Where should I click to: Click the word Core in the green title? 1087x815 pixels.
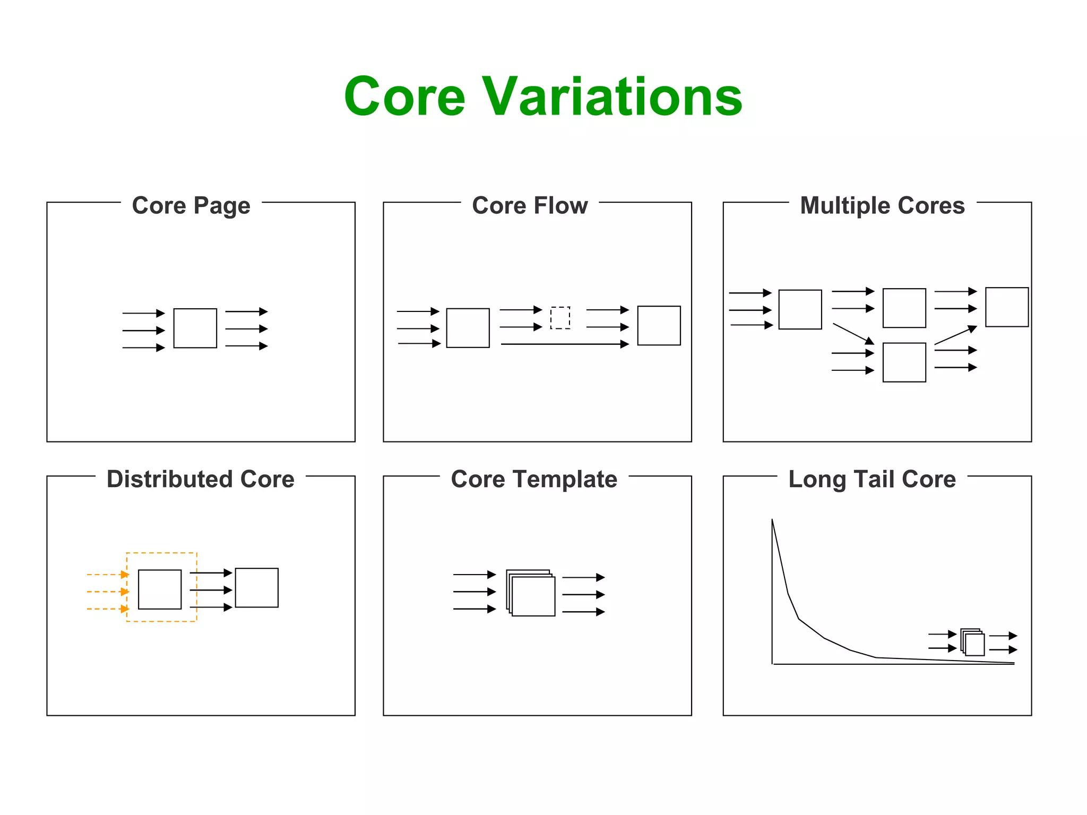point(404,97)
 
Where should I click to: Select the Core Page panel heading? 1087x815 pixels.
point(191,206)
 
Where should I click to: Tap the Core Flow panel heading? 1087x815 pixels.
point(530,206)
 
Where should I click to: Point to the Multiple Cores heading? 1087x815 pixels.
point(882,206)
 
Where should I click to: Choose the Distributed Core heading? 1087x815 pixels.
point(201,479)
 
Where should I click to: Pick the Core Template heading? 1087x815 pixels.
point(534,479)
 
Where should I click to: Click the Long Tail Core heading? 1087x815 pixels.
point(872,479)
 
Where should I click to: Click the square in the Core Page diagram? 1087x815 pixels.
point(195,328)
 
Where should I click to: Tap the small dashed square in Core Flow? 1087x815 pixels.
point(560,318)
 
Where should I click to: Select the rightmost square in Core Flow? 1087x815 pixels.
point(659,326)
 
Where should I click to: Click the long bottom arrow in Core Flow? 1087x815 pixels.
point(565,344)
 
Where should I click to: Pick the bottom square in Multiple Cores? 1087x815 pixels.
point(904,362)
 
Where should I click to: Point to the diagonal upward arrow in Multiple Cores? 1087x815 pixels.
point(955,335)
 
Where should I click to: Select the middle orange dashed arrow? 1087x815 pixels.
point(108,592)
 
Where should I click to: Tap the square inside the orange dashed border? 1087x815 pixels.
point(160,589)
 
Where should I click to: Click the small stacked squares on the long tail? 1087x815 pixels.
point(973,643)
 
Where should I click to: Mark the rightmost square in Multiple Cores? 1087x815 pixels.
point(1007,307)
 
